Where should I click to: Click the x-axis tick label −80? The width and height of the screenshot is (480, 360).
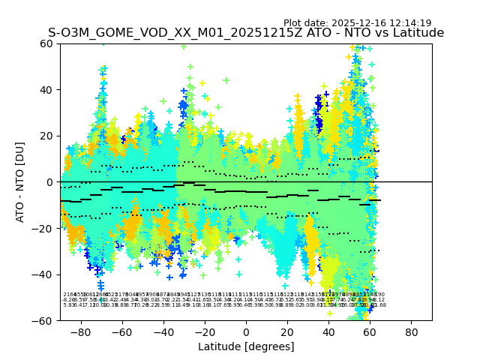click(x=79, y=331)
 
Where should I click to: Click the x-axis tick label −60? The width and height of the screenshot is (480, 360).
click(x=120, y=331)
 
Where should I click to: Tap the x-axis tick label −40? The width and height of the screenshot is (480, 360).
click(x=161, y=331)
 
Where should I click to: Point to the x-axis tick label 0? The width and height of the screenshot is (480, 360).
click(x=246, y=331)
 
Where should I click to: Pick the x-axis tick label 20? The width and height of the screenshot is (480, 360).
click(x=287, y=331)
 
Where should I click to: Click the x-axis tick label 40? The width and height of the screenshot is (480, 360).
click(x=328, y=331)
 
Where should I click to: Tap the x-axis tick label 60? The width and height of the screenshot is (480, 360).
click(x=370, y=331)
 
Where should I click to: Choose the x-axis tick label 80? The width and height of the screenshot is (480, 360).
click(x=411, y=331)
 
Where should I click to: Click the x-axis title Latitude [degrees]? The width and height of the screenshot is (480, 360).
click(x=246, y=346)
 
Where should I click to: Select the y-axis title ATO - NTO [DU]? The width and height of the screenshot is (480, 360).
click(x=20, y=182)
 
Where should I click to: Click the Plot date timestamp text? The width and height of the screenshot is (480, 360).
click(x=357, y=23)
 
